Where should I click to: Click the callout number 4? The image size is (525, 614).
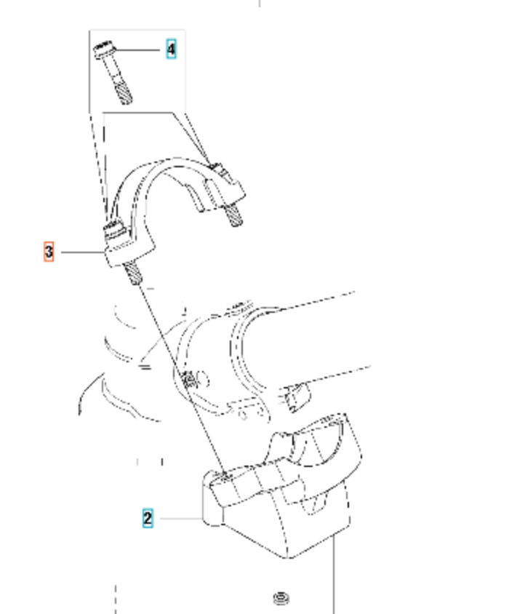click(171, 49)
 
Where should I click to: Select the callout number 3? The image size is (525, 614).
click(49, 252)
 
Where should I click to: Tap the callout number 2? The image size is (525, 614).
click(148, 518)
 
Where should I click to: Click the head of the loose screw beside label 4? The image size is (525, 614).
click(105, 49)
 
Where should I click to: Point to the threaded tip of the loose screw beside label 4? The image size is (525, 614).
click(124, 95)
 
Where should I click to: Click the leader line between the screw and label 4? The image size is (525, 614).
click(138, 49)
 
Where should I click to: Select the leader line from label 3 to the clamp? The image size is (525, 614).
click(84, 252)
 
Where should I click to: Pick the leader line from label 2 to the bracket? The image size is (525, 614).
click(182, 519)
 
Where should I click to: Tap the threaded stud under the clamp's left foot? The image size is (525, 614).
click(132, 273)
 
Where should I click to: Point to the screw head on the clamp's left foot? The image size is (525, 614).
click(114, 228)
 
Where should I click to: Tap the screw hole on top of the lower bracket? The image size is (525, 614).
click(226, 476)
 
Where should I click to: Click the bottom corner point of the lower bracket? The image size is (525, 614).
click(288, 558)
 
